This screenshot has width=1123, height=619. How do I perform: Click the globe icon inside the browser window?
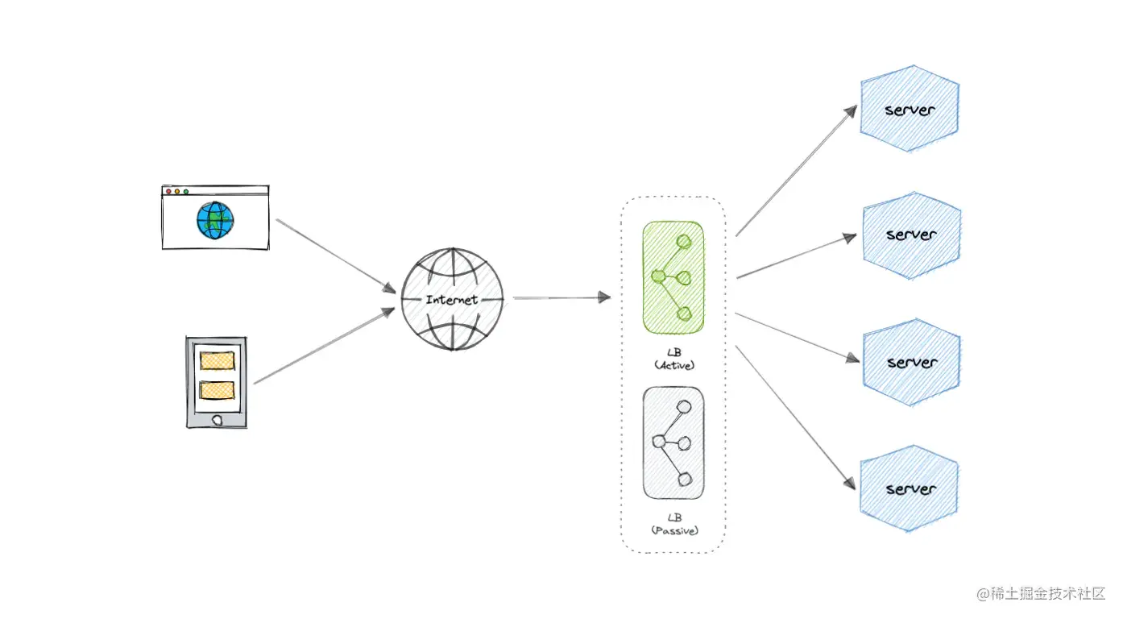coord(215,220)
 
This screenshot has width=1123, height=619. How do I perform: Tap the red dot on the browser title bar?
coord(168,192)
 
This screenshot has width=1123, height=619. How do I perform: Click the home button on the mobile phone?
coord(217,420)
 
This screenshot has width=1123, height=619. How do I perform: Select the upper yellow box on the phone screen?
coord(217,360)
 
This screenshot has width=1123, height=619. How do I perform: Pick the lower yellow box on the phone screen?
coord(217,390)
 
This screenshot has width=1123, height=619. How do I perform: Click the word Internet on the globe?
coord(452,300)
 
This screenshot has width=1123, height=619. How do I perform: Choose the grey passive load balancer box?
coord(673,442)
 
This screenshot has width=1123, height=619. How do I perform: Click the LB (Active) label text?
coord(674,359)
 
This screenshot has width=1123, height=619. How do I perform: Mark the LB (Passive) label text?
coord(674,524)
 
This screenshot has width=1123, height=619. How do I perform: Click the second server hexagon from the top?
coord(911,235)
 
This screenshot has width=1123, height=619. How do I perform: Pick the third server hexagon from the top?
coord(911,362)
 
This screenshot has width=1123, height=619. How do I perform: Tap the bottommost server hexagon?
coord(910,489)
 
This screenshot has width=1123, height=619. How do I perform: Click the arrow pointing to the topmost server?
coord(795,170)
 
